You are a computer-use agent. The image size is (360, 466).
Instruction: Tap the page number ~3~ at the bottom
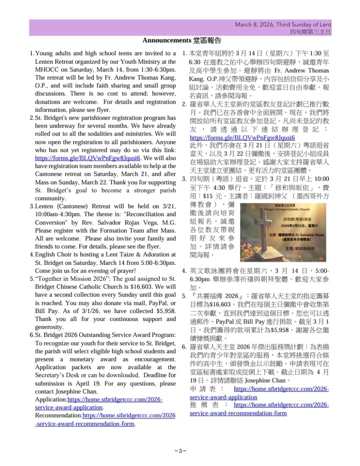pyautogui.click(x=180, y=451)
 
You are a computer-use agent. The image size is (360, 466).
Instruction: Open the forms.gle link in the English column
pyautogui.click(x=88, y=158)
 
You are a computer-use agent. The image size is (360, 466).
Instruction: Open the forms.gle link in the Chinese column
pyautogui.click(x=242, y=137)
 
